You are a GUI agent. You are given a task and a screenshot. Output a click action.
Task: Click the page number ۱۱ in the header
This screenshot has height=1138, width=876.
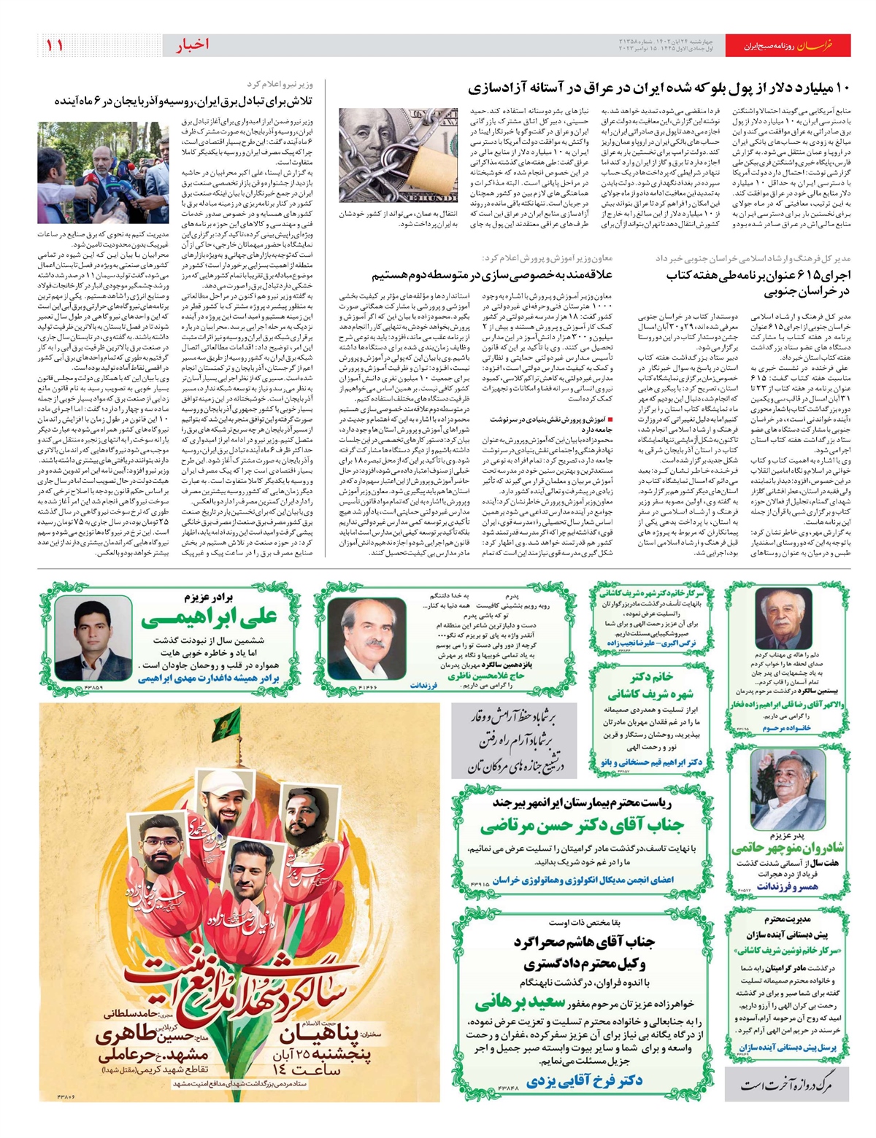(55, 45)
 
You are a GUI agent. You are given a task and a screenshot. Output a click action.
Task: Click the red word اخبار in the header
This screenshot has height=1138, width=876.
(192, 45)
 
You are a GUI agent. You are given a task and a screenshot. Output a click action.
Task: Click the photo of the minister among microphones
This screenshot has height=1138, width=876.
(103, 173)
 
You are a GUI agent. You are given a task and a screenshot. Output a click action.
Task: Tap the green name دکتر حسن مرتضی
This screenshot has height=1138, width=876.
(582, 827)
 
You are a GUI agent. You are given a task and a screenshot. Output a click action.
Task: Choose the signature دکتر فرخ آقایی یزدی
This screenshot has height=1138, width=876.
(584, 1080)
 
